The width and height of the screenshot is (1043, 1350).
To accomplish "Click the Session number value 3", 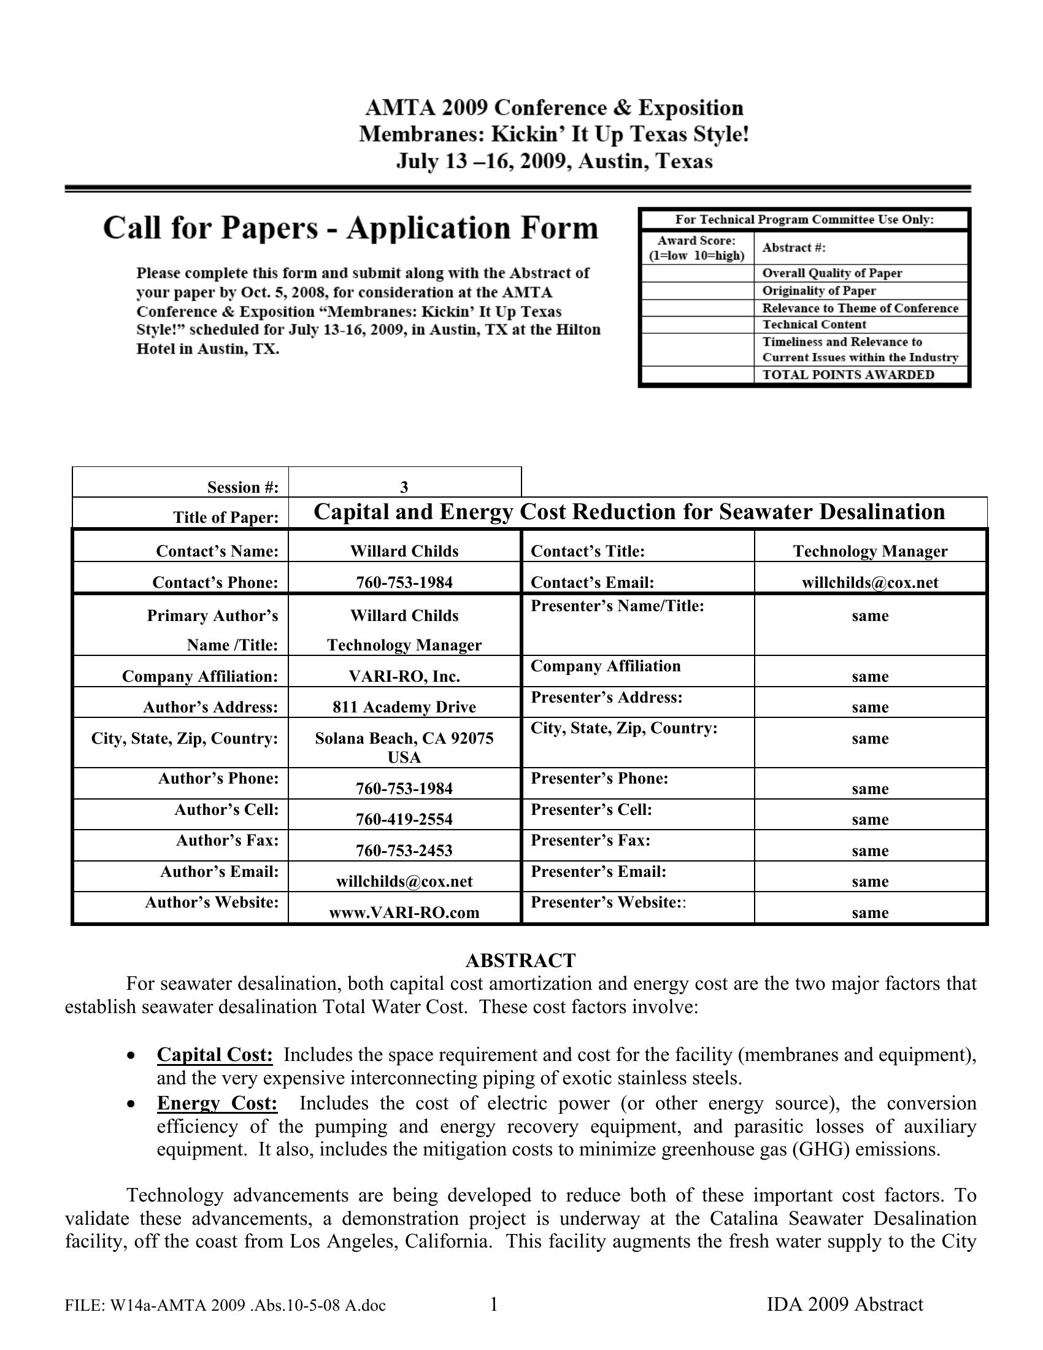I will pyautogui.click(x=404, y=487).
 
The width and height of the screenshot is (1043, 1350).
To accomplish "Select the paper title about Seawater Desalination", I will pyautogui.click(x=629, y=512).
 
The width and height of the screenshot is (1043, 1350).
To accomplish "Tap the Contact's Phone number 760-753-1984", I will pyautogui.click(x=404, y=582).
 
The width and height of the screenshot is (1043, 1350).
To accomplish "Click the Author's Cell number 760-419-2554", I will pyautogui.click(x=404, y=819).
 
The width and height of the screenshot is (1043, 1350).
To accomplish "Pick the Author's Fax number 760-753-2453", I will pyautogui.click(x=404, y=850).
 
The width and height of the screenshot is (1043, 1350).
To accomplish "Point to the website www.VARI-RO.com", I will pyautogui.click(x=404, y=912).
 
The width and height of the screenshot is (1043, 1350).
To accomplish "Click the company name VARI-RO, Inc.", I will pyautogui.click(x=404, y=676).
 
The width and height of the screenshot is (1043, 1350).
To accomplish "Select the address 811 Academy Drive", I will pyautogui.click(x=404, y=707).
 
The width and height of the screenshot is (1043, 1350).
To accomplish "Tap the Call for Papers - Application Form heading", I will pyautogui.click(x=350, y=228).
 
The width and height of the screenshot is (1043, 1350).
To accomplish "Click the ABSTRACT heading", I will pyautogui.click(x=520, y=960).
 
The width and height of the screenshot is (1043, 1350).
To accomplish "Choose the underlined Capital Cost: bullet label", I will pyautogui.click(x=214, y=1054).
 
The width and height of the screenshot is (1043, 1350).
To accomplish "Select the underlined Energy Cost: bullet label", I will pyautogui.click(x=217, y=1103).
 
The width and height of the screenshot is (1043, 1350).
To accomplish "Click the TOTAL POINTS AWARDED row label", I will pyautogui.click(x=848, y=374).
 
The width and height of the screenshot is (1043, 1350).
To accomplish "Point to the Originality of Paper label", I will pyautogui.click(x=818, y=290).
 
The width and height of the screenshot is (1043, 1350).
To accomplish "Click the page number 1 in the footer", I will pyautogui.click(x=494, y=1304).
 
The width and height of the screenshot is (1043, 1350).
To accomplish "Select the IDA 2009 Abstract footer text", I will pyautogui.click(x=845, y=1304).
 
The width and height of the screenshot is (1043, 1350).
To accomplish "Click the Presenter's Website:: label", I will pyautogui.click(x=608, y=903).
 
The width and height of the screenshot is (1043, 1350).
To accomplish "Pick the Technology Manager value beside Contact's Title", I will pyautogui.click(x=870, y=552).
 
